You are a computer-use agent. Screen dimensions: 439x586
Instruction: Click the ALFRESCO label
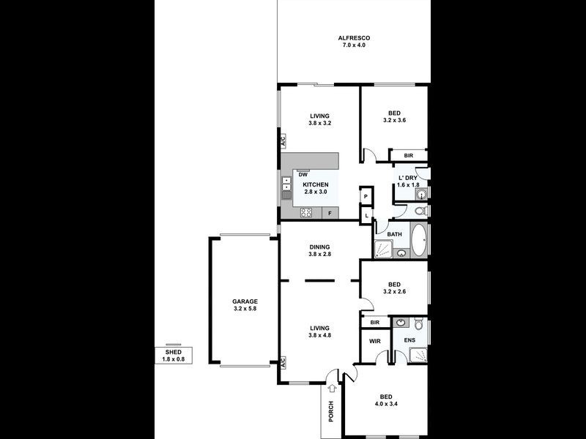coord(353,37)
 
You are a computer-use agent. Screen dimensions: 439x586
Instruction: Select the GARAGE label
coord(245,301)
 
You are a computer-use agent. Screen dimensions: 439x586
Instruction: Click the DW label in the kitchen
coord(302,174)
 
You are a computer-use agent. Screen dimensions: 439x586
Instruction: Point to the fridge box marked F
coord(330,214)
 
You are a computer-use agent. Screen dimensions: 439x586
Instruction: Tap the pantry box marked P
coord(366,197)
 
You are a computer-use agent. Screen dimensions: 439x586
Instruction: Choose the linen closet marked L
coord(366,215)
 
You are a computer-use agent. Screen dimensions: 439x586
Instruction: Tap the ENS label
coord(409,340)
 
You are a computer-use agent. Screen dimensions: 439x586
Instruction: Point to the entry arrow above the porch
coord(333,389)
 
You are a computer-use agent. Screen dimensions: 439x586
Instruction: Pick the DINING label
coord(319,247)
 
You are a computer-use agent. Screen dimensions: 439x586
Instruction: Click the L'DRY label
coord(408,178)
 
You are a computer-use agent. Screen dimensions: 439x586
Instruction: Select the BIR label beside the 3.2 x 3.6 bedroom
coord(409,156)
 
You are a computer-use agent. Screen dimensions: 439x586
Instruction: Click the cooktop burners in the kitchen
coord(306,214)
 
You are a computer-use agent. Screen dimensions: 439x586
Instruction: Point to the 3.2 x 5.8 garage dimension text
coord(245,309)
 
